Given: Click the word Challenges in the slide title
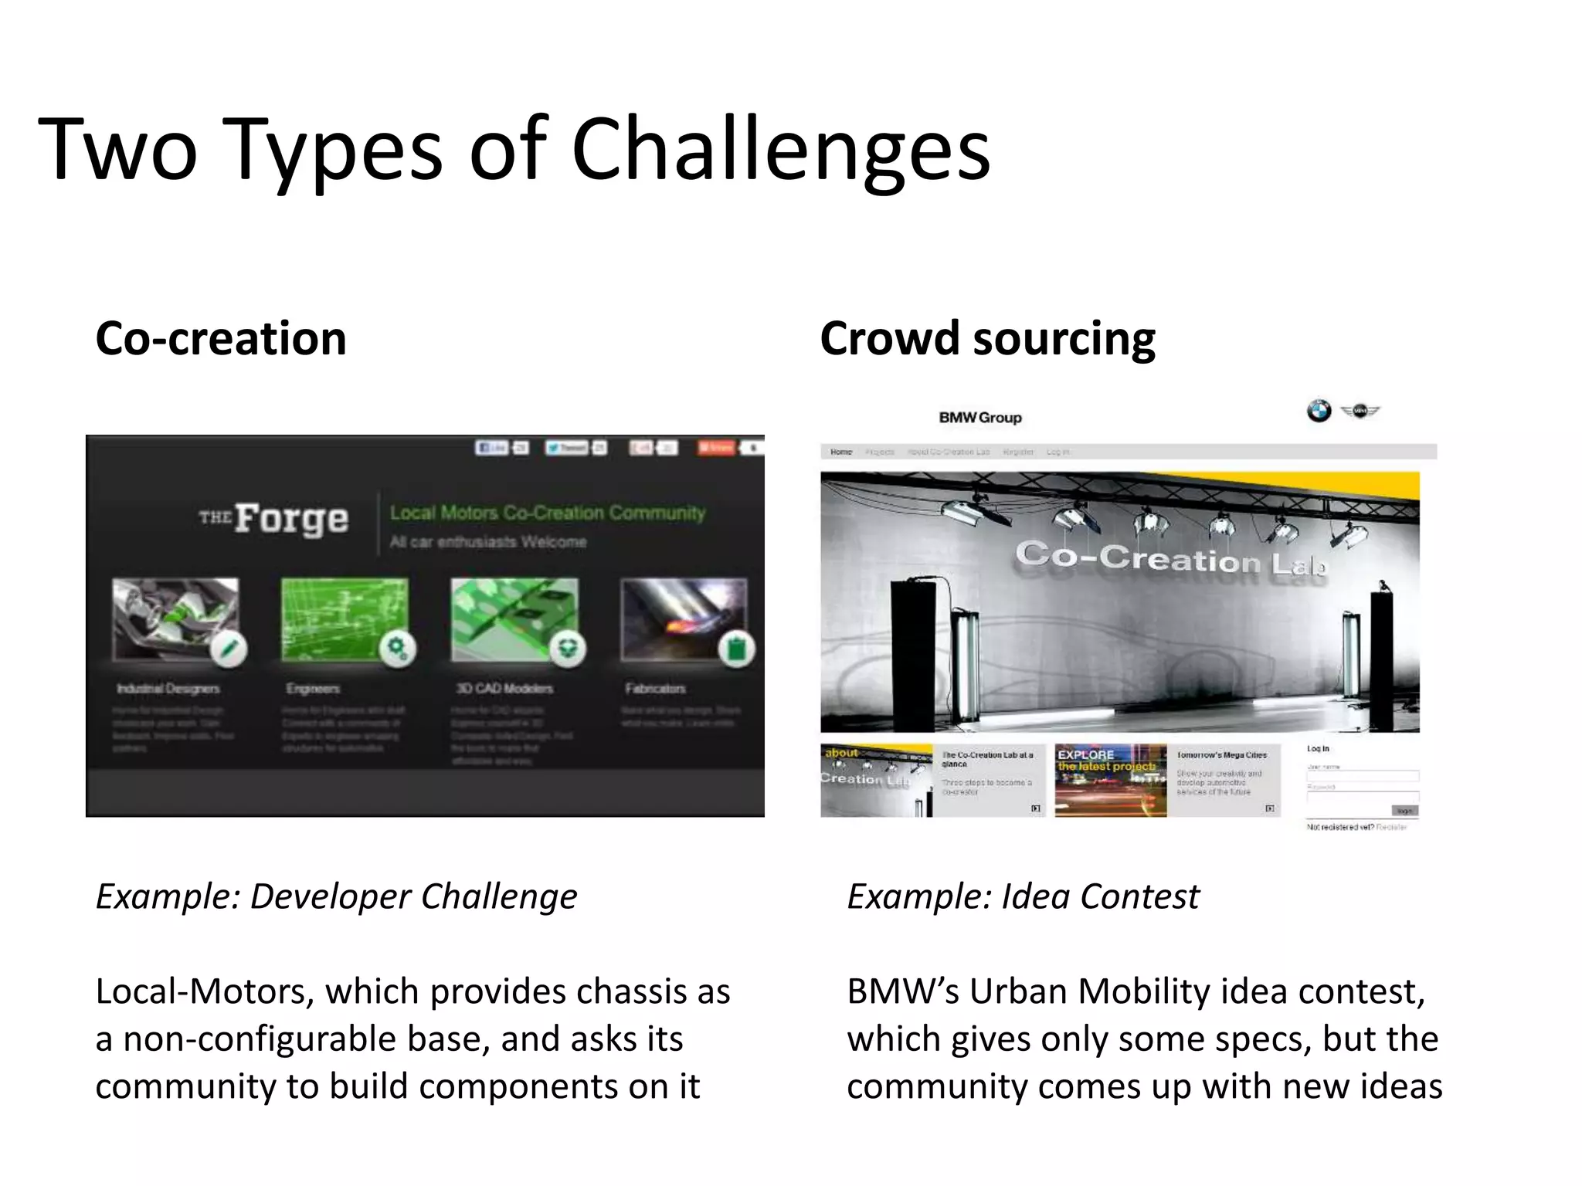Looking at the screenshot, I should [x=780, y=151].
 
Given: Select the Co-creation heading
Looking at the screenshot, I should [x=221, y=339].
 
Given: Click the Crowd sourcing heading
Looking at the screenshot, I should [x=987, y=339].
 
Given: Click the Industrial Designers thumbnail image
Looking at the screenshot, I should [x=175, y=619].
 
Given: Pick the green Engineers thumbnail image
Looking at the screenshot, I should [x=344, y=619].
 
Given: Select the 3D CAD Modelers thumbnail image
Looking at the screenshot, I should [x=514, y=619].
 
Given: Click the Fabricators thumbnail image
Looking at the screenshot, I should [x=684, y=619].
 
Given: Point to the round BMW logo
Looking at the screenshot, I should [x=1319, y=411].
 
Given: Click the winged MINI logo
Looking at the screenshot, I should [x=1360, y=411].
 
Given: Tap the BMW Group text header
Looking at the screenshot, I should [x=980, y=418].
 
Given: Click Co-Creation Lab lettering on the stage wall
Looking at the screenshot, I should [x=1170, y=558].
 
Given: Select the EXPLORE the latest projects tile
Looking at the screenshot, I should [x=1110, y=780].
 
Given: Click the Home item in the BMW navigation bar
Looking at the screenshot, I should [x=841, y=452].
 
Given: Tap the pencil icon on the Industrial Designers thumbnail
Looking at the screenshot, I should [x=229, y=649].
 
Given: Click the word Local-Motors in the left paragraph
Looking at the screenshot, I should [x=203, y=991].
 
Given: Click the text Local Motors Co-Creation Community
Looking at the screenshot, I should [x=547, y=513].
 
